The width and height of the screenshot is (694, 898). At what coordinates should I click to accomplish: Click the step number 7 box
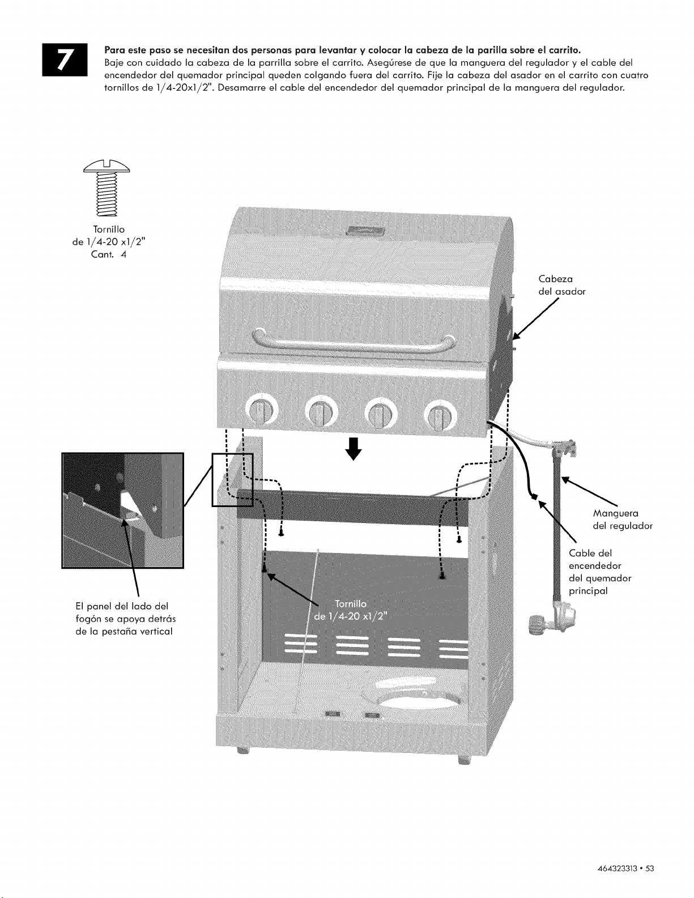[65, 59]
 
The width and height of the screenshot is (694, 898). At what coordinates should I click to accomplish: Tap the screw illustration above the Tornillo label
[107, 188]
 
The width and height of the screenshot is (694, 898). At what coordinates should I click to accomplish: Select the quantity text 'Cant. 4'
[109, 254]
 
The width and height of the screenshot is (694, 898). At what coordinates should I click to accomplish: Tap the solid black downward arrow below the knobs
[354, 449]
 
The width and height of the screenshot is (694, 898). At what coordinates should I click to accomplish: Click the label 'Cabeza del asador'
[561, 285]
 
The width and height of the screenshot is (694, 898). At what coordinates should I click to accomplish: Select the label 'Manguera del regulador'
[623, 520]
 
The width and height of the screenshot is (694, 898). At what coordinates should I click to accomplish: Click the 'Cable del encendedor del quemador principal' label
[600, 572]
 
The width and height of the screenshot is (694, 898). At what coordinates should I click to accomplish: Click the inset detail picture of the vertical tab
[123, 510]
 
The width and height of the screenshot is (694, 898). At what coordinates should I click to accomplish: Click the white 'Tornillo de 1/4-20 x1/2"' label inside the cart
[351, 610]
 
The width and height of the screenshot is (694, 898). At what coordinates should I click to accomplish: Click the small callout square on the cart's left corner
[232, 479]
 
